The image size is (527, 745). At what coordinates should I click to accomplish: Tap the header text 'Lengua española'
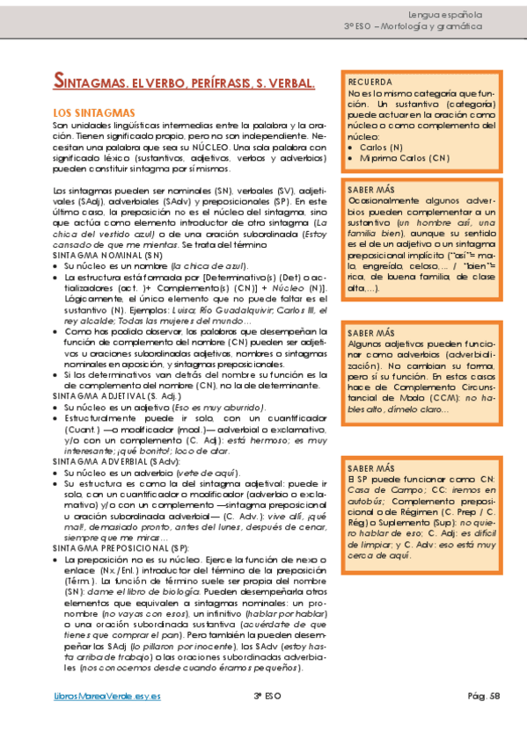click(447, 15)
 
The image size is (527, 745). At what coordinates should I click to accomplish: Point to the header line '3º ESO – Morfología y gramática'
click(414, 27)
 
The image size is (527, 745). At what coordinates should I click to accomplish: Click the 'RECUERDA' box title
click(370, 81)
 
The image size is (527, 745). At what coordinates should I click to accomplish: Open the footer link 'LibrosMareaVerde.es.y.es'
click(106, 697)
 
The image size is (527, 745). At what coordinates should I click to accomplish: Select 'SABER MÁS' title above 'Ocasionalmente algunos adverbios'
click(370, 190)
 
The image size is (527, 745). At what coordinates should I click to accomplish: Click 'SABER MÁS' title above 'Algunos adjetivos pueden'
click(370, 333)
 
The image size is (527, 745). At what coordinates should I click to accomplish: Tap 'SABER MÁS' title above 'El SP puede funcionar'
click(370, 468)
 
